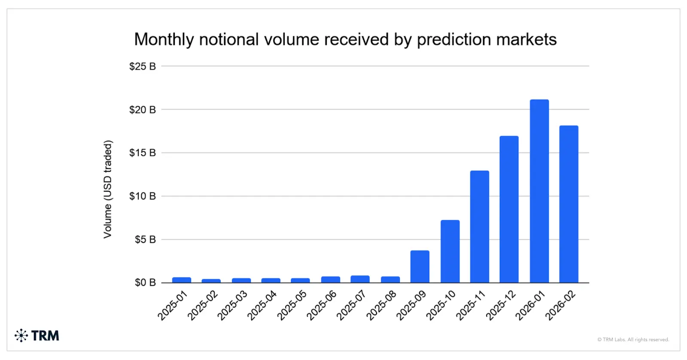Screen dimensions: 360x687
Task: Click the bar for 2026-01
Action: pos(539,191)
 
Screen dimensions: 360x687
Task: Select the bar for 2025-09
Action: pos(419,267)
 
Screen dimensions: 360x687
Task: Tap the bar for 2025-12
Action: pos(509,210)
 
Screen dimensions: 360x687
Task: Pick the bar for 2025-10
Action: pos(450,251)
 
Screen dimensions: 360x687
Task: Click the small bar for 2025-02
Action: pos(211,281)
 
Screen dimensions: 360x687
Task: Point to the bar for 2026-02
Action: pos(568,204)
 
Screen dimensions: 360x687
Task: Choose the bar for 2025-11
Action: pos(479,227)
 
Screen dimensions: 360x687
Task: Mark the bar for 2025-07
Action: pos(360,279)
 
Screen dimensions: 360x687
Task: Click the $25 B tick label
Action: pos(142,67)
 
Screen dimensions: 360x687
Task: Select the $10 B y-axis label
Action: pos(142,196)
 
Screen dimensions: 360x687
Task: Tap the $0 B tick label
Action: pos(145,283)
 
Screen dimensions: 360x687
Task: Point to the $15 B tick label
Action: pos(142,153)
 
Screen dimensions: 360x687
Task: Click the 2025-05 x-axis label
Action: pos(292,305)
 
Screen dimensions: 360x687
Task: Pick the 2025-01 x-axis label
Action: pos(173,305)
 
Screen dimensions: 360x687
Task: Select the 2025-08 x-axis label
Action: pos(381,305)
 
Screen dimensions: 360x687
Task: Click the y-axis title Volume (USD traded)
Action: pos(107,189)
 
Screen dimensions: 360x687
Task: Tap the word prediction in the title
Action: pos(454,40)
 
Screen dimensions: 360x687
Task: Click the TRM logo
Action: pos(37,336)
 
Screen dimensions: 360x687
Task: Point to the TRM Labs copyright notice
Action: pos(633,339)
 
